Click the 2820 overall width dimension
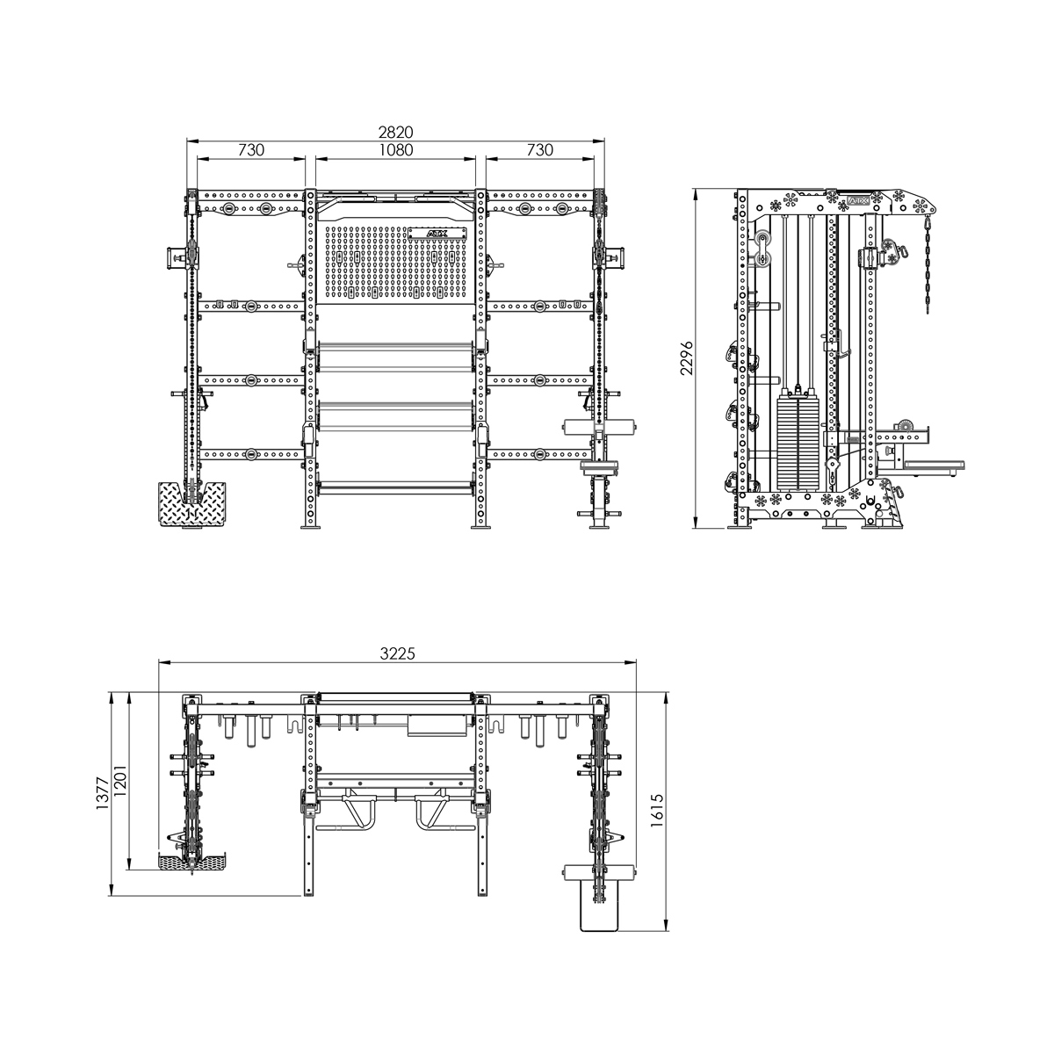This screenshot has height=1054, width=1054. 395,132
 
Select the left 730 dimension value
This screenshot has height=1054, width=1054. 251,150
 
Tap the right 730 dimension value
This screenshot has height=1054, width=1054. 539,150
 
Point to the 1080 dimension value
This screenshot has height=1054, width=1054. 395,150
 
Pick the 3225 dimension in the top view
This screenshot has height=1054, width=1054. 397,654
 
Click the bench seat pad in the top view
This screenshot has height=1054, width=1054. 599,905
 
